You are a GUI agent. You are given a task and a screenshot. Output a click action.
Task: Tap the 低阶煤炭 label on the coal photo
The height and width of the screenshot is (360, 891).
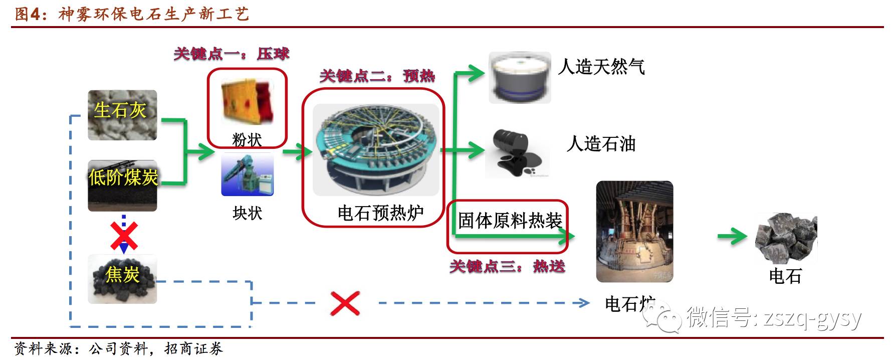click(123, 177)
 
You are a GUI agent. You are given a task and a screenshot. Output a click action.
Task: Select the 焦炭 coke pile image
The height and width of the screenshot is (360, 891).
click(122, 279)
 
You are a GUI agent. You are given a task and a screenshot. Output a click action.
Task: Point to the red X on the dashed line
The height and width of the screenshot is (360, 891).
click(345, 303)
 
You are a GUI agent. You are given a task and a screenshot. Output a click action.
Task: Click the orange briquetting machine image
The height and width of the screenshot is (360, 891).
click(247, 102)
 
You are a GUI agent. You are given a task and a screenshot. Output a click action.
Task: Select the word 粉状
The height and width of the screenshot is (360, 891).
click(247, 140)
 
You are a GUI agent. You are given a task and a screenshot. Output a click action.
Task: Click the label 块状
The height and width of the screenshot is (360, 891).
click(248, 213)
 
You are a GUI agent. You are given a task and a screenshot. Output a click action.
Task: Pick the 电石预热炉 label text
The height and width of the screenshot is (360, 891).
click(380, 213)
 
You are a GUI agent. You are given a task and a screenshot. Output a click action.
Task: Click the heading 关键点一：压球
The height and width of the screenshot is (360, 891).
click(232, 54)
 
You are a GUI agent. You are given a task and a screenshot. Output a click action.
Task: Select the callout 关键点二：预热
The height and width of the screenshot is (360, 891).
click(377, 76)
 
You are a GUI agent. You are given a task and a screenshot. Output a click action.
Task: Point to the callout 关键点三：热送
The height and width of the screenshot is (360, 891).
click(507, 266)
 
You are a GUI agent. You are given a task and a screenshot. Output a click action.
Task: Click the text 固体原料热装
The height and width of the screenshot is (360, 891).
click(510, 221)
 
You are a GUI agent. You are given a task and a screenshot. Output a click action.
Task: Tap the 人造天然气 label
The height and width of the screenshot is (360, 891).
click(601, 67)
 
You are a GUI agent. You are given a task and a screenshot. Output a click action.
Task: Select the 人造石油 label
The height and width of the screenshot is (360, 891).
click(601, 144)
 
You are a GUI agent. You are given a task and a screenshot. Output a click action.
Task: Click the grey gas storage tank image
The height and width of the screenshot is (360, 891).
click(520, 78)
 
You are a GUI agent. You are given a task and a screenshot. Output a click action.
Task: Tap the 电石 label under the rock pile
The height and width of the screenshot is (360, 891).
click(785, 276)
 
